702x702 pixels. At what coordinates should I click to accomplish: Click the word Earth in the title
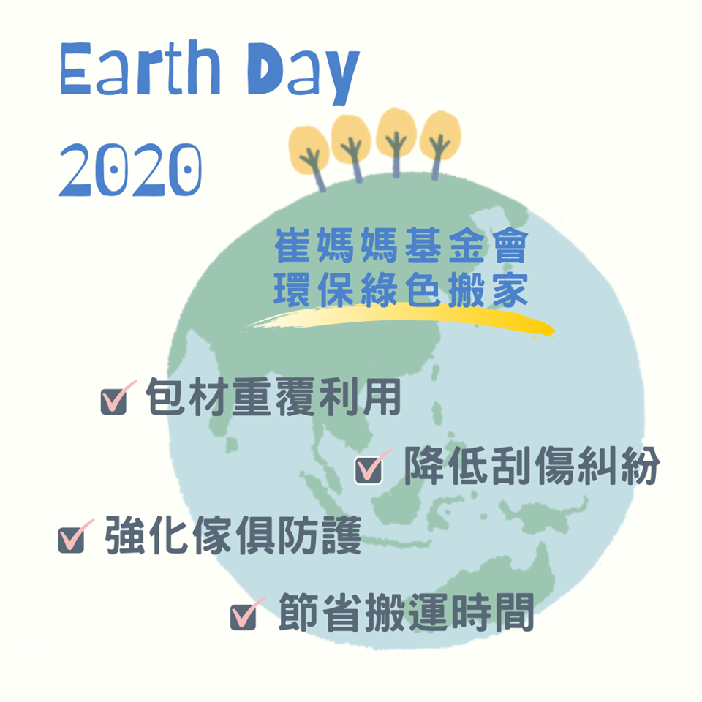[140, 67]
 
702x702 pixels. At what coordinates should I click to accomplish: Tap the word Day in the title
[303, 74]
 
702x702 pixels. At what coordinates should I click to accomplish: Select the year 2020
[130, 170]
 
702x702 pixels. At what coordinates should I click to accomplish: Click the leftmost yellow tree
[310, 155]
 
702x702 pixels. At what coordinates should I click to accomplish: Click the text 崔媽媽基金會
[401, 245]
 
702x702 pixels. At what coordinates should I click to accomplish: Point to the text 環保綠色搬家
[401, 290]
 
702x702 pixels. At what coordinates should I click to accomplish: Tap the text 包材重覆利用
[273, 397]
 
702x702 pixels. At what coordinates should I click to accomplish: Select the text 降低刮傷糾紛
[532, 466]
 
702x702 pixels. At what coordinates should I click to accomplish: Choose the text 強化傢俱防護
[233, 535]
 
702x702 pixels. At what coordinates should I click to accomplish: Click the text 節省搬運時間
[406, 612]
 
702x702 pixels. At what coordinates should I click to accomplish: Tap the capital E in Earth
[76, 69]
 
